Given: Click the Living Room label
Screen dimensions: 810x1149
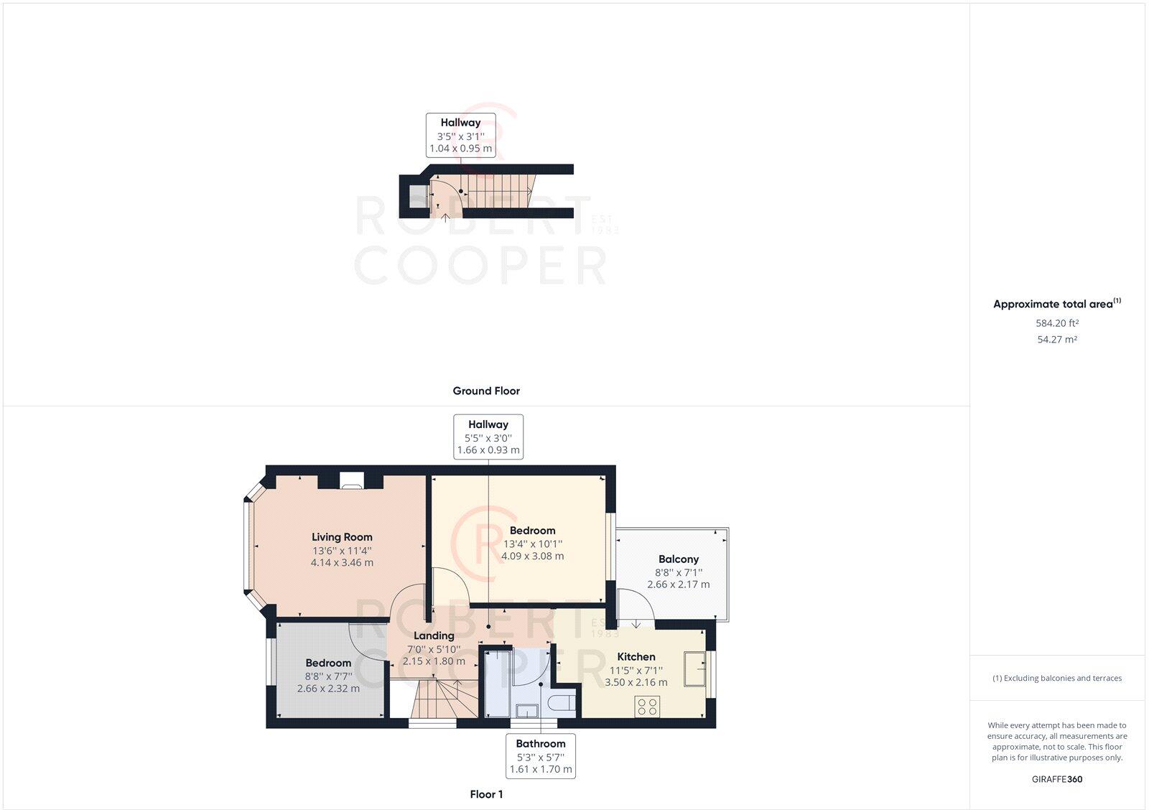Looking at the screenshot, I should (342, 537).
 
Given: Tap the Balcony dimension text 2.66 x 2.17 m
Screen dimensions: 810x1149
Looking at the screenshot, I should (678, 585).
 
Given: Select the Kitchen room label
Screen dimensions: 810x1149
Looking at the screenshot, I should (636, 656).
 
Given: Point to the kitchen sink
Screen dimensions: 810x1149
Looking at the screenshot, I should (694, 669).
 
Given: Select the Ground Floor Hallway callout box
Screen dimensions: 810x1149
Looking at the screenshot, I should (460, 135).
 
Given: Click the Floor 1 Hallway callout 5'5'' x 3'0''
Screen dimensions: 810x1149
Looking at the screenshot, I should (488, 437).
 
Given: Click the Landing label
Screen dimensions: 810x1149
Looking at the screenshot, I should (434, 636).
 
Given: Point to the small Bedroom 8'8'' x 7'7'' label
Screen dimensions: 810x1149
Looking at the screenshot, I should (328, 663).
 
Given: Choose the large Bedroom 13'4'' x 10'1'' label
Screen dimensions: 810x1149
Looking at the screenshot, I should (532, 531).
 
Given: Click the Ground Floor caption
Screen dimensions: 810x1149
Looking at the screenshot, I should (486, 391).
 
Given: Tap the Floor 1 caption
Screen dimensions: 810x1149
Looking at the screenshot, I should (486, 794).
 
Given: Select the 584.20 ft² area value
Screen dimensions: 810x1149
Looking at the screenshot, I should (1056, 323).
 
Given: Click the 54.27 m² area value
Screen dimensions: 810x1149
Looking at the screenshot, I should (1056, 340).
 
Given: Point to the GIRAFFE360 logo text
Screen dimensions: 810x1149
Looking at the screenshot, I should (1056, 779).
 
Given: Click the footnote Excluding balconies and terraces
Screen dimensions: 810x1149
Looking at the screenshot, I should (1056, 678).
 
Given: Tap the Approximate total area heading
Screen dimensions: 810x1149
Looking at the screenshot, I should (1053, 304).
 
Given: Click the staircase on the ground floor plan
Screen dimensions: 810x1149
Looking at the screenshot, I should (498, 190).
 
